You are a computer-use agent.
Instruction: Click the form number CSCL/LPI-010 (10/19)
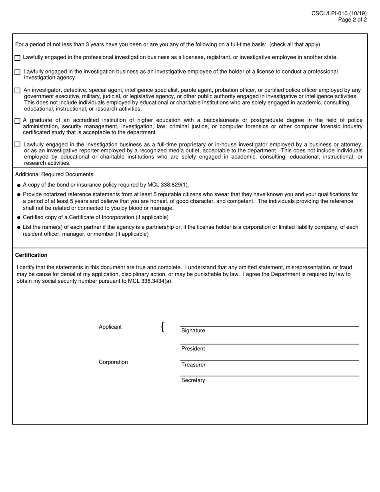click(x=339, y=14)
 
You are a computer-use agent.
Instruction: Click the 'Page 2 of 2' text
click(x=352, y=20)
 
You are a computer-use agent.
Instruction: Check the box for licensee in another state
click(x=18, y=58)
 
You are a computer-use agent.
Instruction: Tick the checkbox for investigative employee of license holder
click(x=18, y=72)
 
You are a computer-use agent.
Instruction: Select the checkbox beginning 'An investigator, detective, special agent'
click(x=18, y=90)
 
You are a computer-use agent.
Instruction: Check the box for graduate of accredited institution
click(x=18, y=120)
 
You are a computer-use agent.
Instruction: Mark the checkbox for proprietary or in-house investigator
click(x=18, y=144)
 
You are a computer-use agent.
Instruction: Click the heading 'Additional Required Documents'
click(x=54, y=174)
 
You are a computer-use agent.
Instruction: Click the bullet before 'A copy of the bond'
click(x=19, y=185)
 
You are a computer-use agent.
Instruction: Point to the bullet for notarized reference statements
click(x=19, y=195)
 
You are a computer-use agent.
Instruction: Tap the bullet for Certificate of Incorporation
click(x=19, y=218)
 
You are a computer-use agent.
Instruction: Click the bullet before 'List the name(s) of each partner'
click(x=19, y=228)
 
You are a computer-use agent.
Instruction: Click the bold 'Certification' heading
click(x=31, y=255)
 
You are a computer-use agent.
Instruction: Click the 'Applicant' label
click(x=110, y=327)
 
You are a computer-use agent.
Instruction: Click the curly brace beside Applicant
click(x=162, y=327)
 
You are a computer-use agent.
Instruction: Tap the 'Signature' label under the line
click(x=193, y=331)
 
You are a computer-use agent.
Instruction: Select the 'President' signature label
click(x=193, y=349)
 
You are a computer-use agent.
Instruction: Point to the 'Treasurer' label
click(x=193, y=365)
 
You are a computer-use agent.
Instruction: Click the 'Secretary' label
click(x=193, y=380)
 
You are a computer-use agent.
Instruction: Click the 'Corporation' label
click(x=113, y=362)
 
